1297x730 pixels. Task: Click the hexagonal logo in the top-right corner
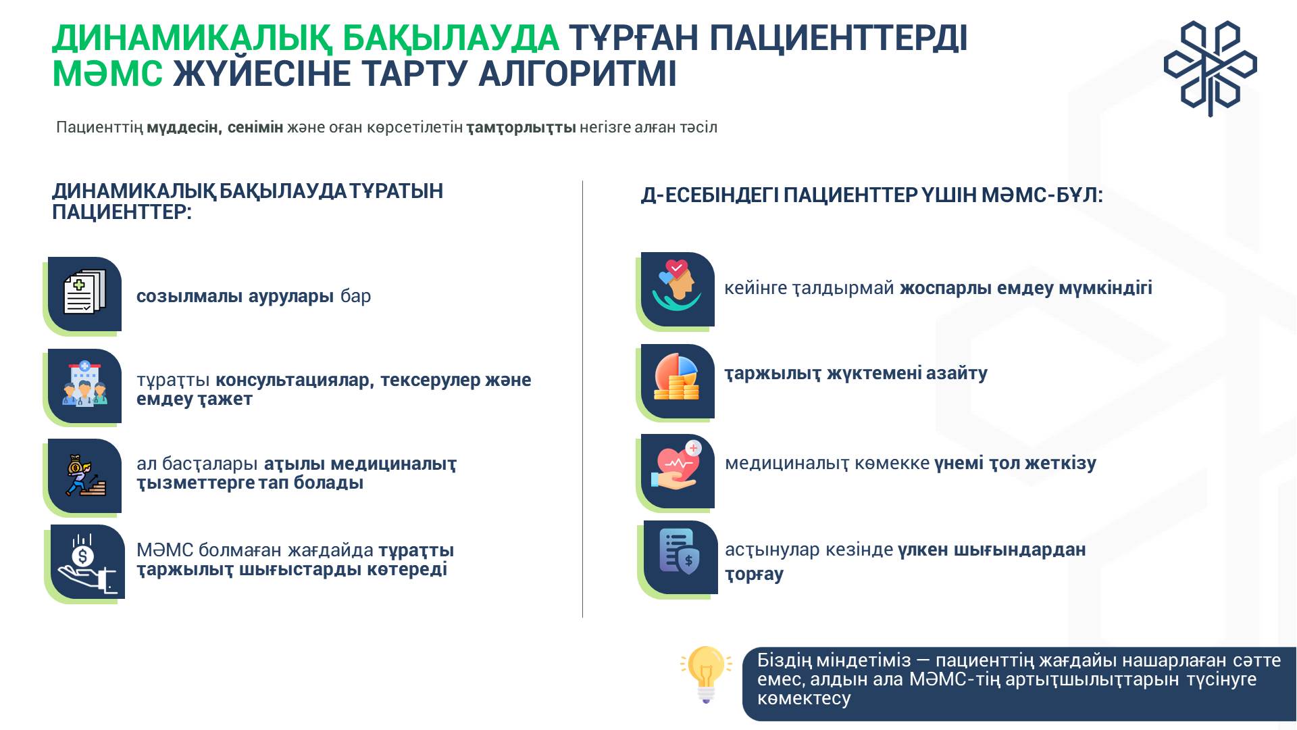[1210, 68]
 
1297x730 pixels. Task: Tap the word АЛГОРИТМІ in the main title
[578, 74]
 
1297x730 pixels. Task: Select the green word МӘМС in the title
[107, 74]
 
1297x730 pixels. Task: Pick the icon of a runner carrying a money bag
[84, 476]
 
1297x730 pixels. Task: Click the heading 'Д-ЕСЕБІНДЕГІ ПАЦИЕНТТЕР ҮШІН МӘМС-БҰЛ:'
[871, 196]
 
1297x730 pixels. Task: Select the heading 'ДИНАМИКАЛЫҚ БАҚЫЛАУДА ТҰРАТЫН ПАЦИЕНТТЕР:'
[247, 201]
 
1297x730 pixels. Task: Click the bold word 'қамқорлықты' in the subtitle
[521, 128]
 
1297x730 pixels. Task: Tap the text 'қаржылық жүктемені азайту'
[856, 373]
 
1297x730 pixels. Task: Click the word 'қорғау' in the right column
[754, 575]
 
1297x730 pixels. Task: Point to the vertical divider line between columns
[582, 399]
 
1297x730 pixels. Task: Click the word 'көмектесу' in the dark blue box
[804, 698]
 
